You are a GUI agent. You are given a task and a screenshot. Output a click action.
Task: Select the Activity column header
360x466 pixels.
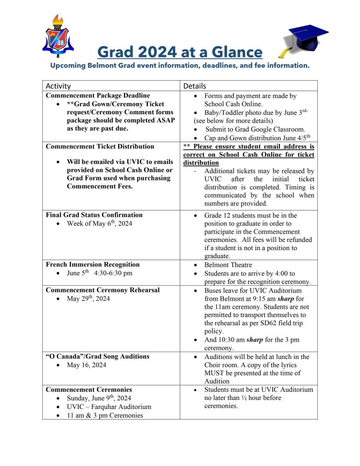pyautogui.click(x=58, y=86)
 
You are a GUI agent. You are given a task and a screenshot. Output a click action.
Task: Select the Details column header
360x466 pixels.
pyautogui.click(x=195, y=86)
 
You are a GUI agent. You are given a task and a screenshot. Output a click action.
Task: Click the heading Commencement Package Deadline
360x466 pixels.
pyautogui.click(x=98, y=96)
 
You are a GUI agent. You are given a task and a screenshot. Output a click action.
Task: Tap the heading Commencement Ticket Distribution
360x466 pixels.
pyautogui.click(x=100, y=146)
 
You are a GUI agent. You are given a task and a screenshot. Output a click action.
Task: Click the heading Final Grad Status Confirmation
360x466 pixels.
pyautogui.click(x=94, y=215)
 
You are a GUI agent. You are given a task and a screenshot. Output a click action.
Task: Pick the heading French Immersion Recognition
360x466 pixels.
pyautogui.click(x=93, y=264)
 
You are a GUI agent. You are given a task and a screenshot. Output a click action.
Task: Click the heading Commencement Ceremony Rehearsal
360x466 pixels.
pyautogui.click(x=103, y=290)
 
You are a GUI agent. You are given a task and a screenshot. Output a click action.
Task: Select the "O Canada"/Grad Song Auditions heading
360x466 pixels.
pyautogui.click(x=97, y=356)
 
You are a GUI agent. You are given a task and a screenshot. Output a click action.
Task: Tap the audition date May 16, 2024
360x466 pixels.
pyautogui.click(x=86, y=365)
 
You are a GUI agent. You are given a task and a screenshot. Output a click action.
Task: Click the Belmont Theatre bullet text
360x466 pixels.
pyautogui.click(x=228, y=265)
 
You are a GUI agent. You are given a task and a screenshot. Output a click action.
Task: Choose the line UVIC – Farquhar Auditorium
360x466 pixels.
pyautogui.click(x=109, y=407)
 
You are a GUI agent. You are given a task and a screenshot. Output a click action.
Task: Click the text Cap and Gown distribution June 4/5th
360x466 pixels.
pyautogui.click(x=257, y=138)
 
